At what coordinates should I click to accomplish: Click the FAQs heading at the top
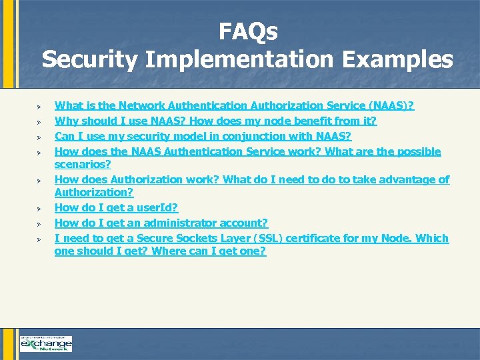click(x=248, y=31)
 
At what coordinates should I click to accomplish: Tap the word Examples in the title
click(x=398, y=59)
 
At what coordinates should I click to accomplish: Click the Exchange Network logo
click(x=45, y=343)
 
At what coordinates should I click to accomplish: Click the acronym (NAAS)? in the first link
click(x=396, y=105)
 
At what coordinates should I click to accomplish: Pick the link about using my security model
click(x=203, y=136)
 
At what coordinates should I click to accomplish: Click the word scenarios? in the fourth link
click(x=82, y=164)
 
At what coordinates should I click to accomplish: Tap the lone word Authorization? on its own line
click(x=94, y=192)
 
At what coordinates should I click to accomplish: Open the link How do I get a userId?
click(x=116, y=207)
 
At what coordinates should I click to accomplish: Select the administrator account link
click(x=161, y=223)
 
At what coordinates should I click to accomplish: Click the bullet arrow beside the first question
click(x=39, y=106)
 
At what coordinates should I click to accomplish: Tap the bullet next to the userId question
click(x=39, y=208)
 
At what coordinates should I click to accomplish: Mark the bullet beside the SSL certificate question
click(x=39, y=239)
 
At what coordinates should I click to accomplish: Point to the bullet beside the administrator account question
click(x=39, y=223)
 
